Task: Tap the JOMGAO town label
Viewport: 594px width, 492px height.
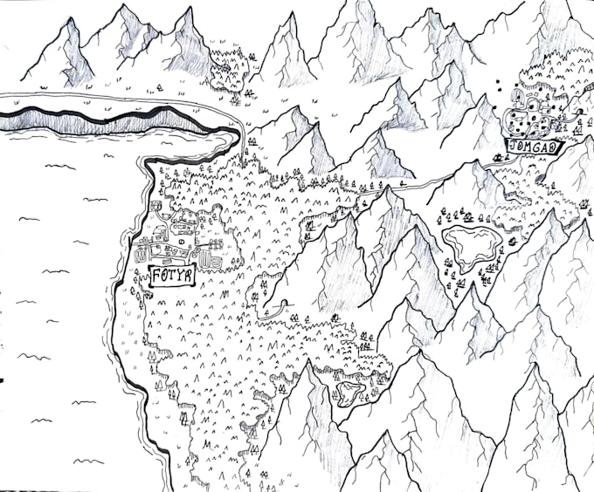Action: point(533,147)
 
